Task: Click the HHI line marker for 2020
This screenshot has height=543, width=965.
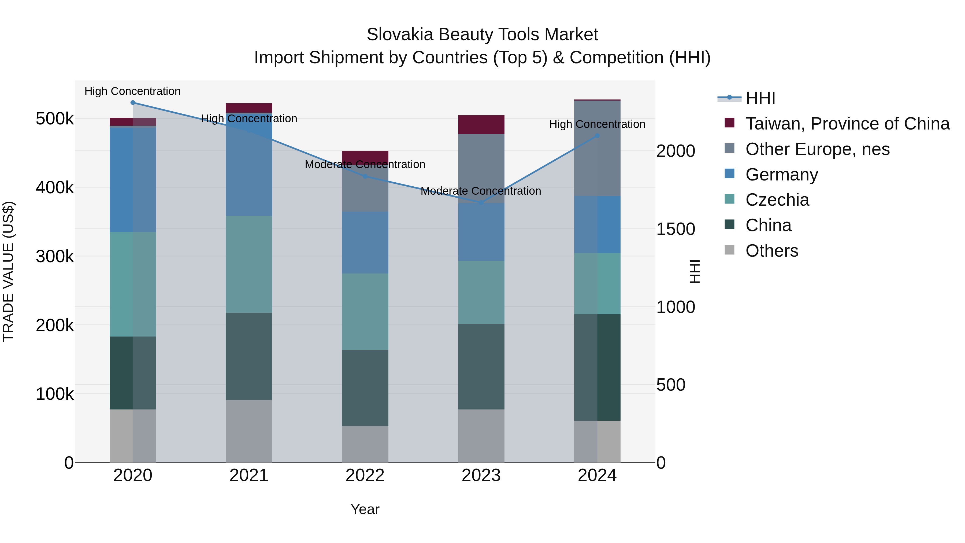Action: pos(133,103)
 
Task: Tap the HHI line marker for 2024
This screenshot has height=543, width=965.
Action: pos(597,136)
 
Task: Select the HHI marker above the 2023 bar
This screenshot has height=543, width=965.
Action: pos(481,203)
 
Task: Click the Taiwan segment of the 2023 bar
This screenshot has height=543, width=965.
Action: pos(481,125)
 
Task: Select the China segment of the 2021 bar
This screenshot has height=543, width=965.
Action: pos(249,356)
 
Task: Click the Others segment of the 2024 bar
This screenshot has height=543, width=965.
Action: pos(597,441)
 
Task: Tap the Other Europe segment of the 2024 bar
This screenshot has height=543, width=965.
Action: pos(597,148)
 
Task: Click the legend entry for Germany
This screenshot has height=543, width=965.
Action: pos(781,175)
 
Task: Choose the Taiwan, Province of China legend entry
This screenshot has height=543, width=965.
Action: pos(847,124)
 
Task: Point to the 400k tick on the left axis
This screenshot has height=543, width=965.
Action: pos(55,188)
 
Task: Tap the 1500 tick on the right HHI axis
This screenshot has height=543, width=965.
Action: pos(675,229)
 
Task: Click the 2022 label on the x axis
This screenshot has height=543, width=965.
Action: pos(365,475)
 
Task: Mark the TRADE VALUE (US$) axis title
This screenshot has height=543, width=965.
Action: pos(8,271)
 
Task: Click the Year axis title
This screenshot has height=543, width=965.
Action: pos(365,509)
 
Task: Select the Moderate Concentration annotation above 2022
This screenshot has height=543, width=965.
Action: pos(365,165)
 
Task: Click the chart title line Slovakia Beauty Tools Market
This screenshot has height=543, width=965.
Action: pos(482,35)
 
